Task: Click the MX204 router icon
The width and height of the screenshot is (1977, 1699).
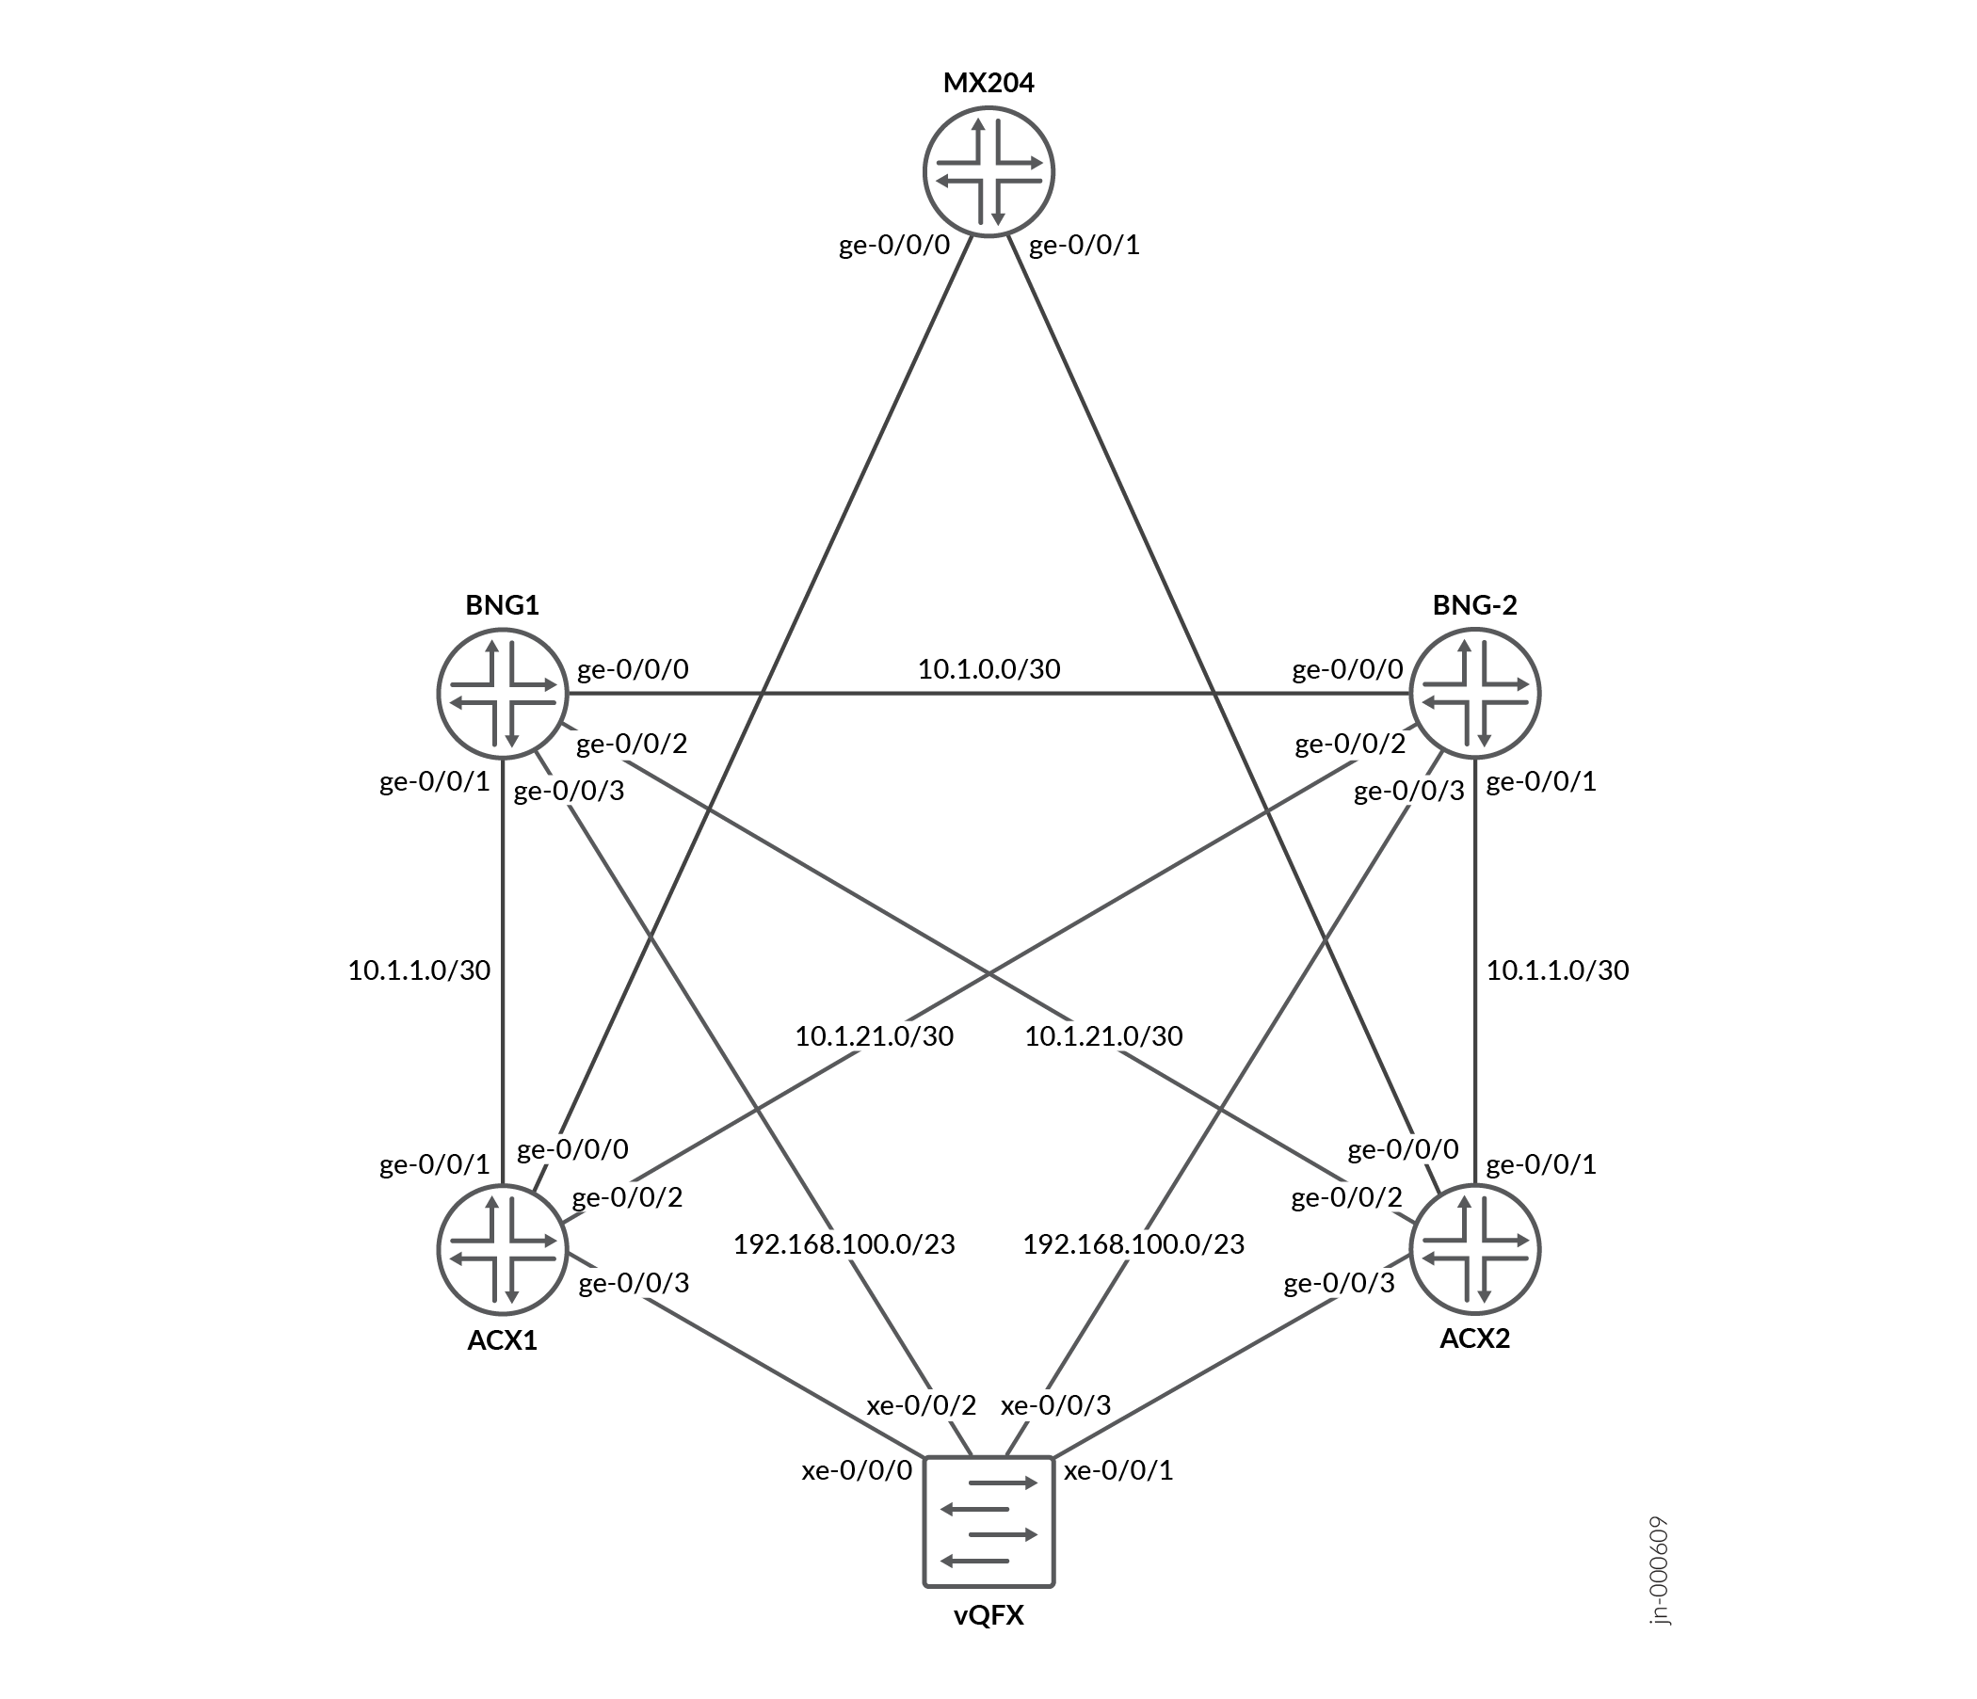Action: (988, 171)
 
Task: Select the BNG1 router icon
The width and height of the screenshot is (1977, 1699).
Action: (503, 693)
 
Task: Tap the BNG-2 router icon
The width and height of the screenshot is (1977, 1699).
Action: (1475, 693)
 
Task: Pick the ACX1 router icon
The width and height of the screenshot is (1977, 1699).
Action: (503, 1250)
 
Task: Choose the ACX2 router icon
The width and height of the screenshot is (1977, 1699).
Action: (1475, 1250)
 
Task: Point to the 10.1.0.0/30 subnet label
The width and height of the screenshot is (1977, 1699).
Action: (989, 668)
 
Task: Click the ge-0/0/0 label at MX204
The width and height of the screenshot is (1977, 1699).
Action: (895, 245)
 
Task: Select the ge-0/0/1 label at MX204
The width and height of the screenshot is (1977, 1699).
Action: (1084, 245)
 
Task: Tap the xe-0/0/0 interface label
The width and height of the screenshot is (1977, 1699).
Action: (858, 1470)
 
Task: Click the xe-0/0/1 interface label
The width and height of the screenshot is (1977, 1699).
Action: (1118, 1470)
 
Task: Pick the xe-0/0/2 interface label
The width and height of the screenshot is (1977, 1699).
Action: (922, 1405)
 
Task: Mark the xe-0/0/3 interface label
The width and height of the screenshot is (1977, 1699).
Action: (1055, 1405)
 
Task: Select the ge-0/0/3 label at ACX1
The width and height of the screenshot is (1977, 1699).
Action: (635, 1283)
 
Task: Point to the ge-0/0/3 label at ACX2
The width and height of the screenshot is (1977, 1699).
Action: (1340, 1283)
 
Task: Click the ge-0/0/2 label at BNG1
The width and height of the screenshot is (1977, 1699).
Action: (632, 743)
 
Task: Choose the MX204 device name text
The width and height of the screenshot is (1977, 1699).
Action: (988, 83)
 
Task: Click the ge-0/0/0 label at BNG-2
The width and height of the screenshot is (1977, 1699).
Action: (1348, 668)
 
